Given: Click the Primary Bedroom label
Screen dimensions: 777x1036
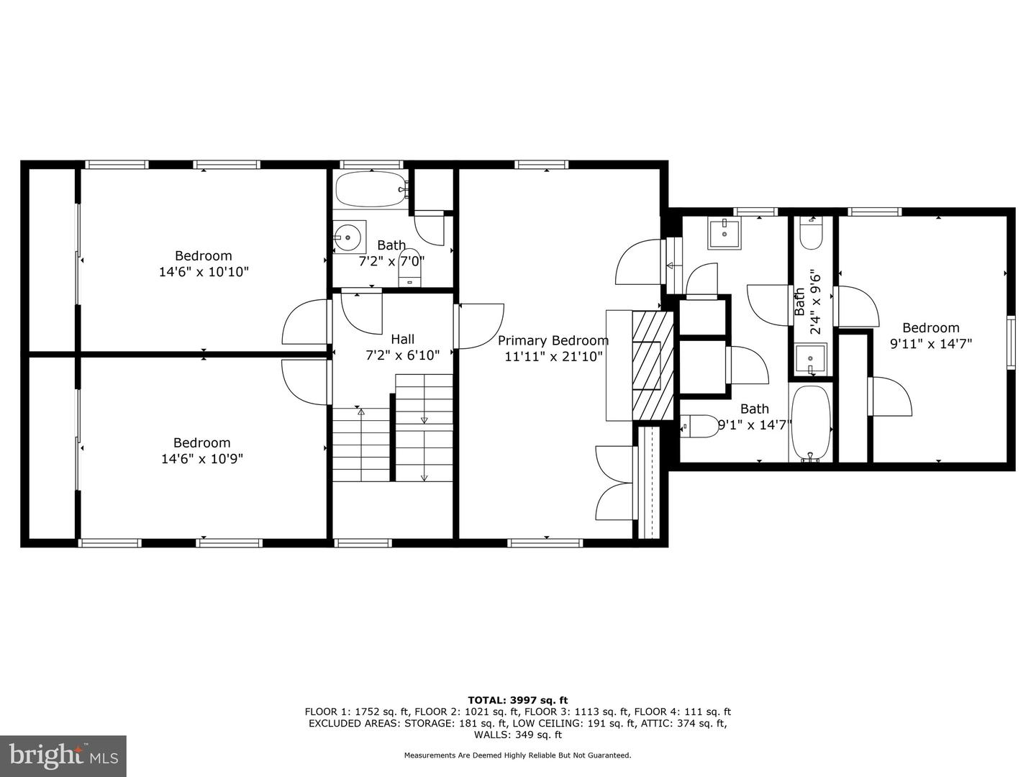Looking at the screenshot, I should coord(553,340).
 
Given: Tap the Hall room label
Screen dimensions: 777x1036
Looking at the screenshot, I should coord(402,339).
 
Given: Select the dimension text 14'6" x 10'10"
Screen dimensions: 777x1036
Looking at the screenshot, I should coord(204,272).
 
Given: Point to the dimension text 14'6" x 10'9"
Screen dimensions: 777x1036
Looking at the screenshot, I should coord(202,459).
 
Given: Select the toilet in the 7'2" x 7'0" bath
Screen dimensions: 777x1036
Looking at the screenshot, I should coord(410,268).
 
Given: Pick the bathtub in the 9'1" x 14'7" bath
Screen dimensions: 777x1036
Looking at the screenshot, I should coord(812,424).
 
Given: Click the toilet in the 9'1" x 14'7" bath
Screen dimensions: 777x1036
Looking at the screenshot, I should coord(699,426).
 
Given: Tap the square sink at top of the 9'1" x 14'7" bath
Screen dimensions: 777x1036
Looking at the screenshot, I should coord(724,234).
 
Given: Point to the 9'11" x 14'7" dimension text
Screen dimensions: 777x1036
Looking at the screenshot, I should coord(931,344).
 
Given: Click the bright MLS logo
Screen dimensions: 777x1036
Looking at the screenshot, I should coord(63,755).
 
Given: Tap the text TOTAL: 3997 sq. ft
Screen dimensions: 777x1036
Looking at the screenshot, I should coord(517,700).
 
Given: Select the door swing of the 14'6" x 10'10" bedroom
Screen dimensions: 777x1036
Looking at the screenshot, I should coord(306,322).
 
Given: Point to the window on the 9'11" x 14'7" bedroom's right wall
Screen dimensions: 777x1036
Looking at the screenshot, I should coord(1011,342).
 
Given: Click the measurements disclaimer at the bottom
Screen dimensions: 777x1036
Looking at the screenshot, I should coord(517,755).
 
